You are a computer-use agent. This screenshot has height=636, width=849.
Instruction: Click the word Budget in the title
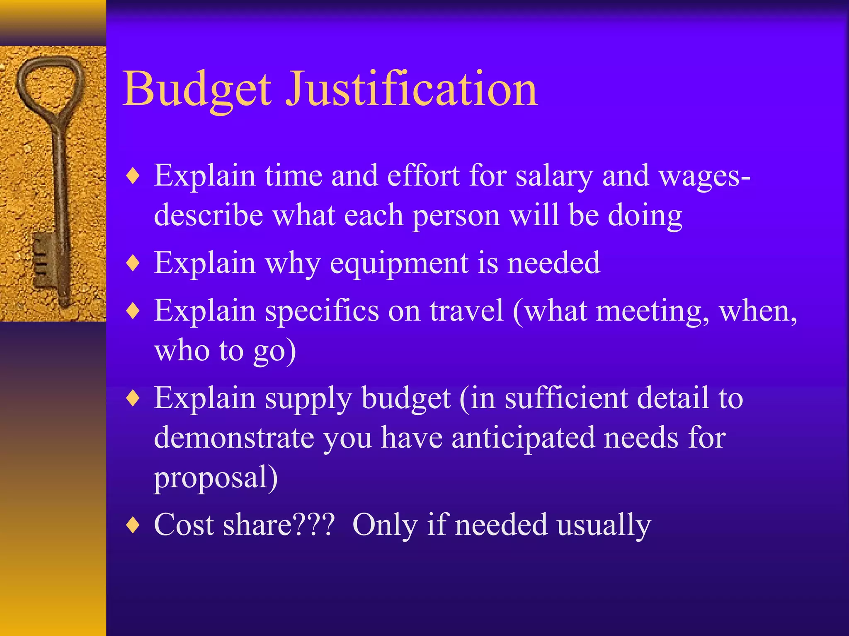[197, 89]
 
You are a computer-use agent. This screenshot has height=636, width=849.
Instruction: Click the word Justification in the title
[412, 89]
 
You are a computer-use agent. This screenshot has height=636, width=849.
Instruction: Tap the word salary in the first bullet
[554, 176]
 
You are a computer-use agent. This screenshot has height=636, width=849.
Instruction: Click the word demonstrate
[234, 438]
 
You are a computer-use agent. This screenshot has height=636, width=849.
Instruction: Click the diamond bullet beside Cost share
[133, 525]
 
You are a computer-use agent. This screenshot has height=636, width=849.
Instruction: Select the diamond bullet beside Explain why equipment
[133, 263]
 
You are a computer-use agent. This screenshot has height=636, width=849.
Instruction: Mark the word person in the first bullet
[456, 216]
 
